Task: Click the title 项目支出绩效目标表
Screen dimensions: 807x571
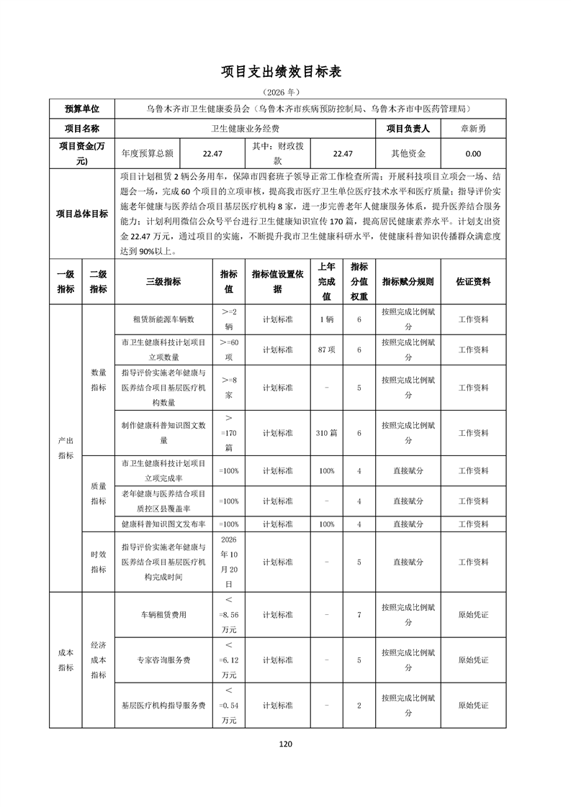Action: (285, 72)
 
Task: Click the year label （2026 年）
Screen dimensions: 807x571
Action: (285, 92)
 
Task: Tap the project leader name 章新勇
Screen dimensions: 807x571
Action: (473, 129)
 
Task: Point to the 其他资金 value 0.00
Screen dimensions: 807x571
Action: (473, 153)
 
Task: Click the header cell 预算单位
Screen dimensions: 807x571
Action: (82, 109)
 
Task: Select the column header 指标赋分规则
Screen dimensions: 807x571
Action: (408, 281)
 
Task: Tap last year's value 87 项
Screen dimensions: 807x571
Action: (326, 349)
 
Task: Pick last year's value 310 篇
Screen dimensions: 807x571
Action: (326, 433)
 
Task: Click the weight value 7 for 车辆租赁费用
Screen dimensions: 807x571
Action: (359, 615)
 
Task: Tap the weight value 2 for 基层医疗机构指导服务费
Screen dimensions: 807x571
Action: (359, 706)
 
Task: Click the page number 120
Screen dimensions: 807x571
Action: (285, 744)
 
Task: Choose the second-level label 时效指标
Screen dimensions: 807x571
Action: (98, 562)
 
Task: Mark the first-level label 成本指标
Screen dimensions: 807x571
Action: (66, 660)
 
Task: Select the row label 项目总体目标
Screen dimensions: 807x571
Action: (82, 214)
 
